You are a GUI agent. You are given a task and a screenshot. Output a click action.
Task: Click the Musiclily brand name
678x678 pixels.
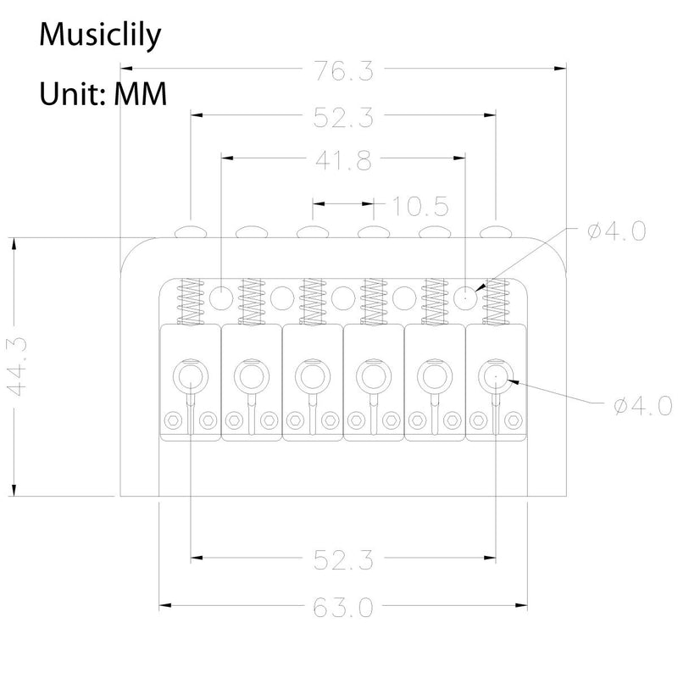click(x=100, y=35)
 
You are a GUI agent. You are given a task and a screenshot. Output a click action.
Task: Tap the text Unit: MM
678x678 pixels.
click(x=103, y=94)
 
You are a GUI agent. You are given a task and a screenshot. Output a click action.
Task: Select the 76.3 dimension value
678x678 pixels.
click(x=343, y=70)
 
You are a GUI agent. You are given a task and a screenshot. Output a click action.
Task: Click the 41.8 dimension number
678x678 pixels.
click(x=343, y=160)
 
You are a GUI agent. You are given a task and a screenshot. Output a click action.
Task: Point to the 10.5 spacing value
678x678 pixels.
click(x=420, y=206)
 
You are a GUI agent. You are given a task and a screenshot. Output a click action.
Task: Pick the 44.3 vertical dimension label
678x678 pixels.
click(x=18, y=367)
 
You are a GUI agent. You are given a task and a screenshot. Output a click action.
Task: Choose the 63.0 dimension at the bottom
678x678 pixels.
click(x=343, y=608)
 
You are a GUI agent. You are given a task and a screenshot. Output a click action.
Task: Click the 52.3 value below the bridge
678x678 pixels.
click(x=343, y=560)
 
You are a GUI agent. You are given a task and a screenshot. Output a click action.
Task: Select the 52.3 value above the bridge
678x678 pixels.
click(x=343, y=117)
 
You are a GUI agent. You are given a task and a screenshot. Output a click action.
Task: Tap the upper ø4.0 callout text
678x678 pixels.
click(x=617, y=231)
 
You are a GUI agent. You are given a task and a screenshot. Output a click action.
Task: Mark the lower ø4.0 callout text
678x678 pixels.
click(x=643, y=406)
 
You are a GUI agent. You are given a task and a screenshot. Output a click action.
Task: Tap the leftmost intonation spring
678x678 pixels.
click(x=191, y=302)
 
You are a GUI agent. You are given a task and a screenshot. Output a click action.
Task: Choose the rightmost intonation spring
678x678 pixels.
click(x=496, y=302)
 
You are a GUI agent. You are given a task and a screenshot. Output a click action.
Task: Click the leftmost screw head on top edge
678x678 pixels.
click(x=191, y=231)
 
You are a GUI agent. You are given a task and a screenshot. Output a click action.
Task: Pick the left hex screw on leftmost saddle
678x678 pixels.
click(x=174, y=420)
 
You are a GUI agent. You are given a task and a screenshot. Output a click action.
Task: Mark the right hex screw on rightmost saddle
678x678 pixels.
click(x=514, y=420)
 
